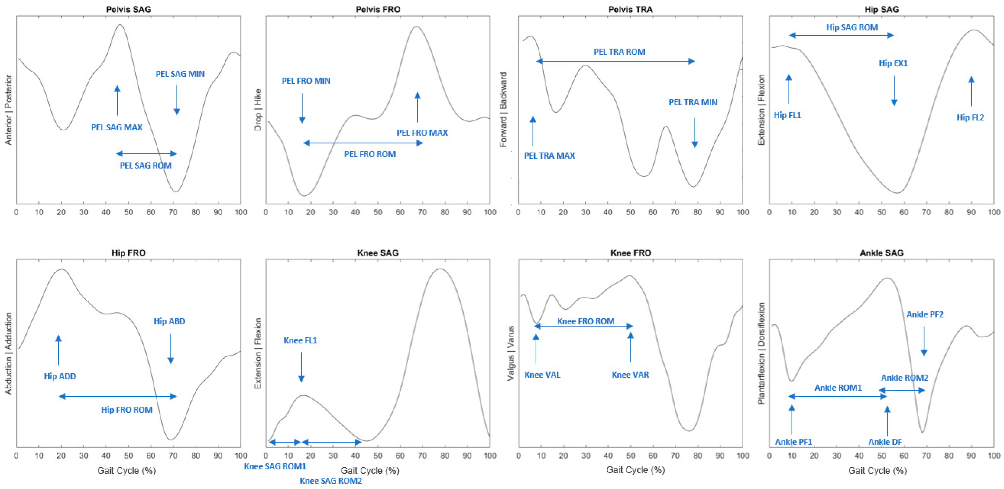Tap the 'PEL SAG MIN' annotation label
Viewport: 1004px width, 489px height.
tap(180, 74)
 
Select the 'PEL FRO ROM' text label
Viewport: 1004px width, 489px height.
tap(370, 154)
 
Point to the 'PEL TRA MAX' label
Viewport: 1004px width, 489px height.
tap(549, 156)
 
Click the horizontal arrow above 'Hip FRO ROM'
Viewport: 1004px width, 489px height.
tap(117, 396)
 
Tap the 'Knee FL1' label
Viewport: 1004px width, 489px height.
tap(300, 340)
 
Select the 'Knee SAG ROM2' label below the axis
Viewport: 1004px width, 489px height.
tap(331, 481)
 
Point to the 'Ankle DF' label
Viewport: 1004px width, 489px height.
tap(885, 442)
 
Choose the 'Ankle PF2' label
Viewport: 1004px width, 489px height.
tap(925, 315)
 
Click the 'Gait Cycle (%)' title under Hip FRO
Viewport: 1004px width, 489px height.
tap(127, 470)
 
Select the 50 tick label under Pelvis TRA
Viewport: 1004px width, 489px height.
tap(630, 212)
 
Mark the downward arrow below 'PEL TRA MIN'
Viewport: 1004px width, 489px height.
tap(694, 132)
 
